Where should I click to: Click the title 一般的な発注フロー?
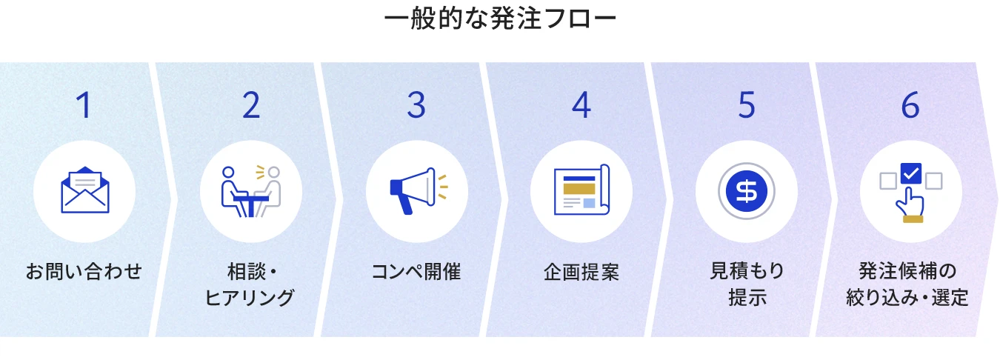point(500,19)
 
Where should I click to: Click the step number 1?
point(84,105)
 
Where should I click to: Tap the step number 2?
point(251,105)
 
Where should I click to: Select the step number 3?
point(416,105)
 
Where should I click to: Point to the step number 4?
point(581,105)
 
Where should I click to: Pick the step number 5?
point(747,105)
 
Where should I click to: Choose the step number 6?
point(910,105)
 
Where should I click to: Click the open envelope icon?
point(85,190)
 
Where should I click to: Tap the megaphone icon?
point(418,190)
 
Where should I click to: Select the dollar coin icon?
point(747,191)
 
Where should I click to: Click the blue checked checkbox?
point(911,173)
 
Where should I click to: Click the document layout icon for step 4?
point(581,190)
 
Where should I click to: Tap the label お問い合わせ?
point(84,272)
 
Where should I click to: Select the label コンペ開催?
point(416,272)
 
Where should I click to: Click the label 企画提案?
point(581,272)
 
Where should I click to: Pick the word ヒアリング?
point(250,298)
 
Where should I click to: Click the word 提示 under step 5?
point(747,298)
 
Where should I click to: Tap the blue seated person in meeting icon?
point(233,192)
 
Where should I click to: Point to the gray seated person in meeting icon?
point(269,192)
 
